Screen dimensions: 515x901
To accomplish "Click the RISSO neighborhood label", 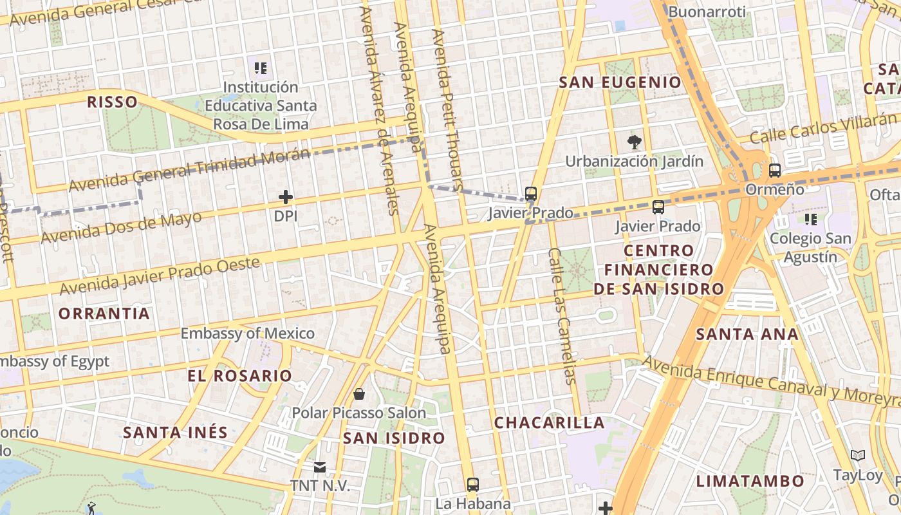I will [112, 102].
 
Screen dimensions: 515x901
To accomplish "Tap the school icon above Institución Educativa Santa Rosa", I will [261, 68].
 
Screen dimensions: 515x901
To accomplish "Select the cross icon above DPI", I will [286, 197].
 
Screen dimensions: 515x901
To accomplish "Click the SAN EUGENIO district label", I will [620, 82].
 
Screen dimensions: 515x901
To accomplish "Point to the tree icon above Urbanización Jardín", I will [634, 142].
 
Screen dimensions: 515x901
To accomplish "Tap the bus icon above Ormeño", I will [775, 171].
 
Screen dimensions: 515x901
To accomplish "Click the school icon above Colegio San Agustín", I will [811, 220].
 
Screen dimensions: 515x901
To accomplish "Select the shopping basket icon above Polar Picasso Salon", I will [359, 393].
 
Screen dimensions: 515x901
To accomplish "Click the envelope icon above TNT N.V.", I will [320, 467].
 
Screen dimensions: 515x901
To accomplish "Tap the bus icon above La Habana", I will [473, 484].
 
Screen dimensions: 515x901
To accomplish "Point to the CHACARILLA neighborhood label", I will [550, 423].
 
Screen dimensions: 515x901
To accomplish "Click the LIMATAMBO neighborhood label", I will [750, 481].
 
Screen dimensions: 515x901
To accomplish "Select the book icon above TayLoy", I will [858, 456].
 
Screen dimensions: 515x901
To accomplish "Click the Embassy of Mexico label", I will [247, 333].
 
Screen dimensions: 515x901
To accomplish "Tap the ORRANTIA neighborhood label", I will [104, 314].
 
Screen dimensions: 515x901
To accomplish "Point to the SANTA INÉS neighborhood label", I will [175, 432].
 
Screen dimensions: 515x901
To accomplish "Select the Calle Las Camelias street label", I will [560, 315].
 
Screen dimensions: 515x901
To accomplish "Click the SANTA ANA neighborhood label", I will [747, 334].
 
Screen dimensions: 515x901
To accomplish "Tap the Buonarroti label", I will [707, 12].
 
